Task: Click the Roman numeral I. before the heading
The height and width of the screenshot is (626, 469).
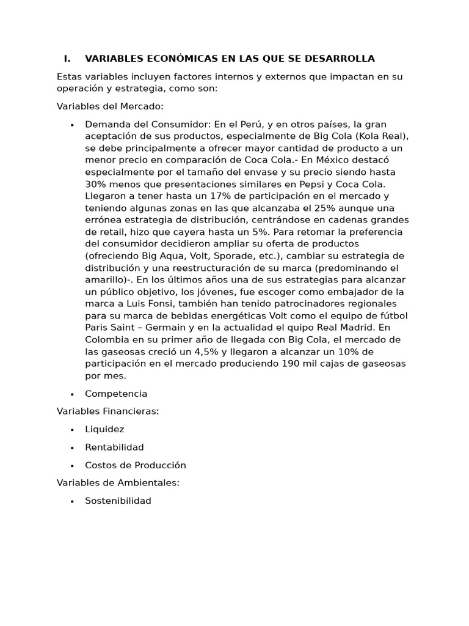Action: coord(67,59)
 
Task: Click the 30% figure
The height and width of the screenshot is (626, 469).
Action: coord(95,184)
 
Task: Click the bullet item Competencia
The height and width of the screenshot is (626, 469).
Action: coord(116,394)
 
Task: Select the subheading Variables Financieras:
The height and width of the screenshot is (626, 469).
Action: coord(107,411)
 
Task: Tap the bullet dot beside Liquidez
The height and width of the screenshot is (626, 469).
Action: coord(72,430)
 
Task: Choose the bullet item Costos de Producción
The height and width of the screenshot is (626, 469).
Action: coord(135,465)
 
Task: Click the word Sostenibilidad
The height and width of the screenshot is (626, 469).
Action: coord(118,501)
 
